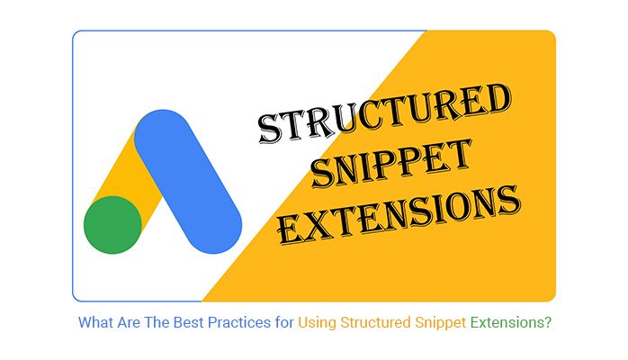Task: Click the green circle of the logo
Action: (x=112, y=225)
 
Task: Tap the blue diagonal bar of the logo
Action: (x=188, y=182)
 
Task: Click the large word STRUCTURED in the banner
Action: (x=384, y=112)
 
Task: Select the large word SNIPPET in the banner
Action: (x=391, y=164)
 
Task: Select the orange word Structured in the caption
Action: (x=375, y=322)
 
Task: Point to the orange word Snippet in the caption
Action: (x=440, y=323)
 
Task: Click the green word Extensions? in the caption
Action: (x=511, y=322)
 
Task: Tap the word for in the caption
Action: (x=284, y=322)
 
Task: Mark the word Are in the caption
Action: (x=129, y=322)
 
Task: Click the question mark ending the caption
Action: (x=548, y=322)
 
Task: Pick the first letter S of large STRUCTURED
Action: (x=269, y=129)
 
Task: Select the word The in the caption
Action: (x=157, y=322)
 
